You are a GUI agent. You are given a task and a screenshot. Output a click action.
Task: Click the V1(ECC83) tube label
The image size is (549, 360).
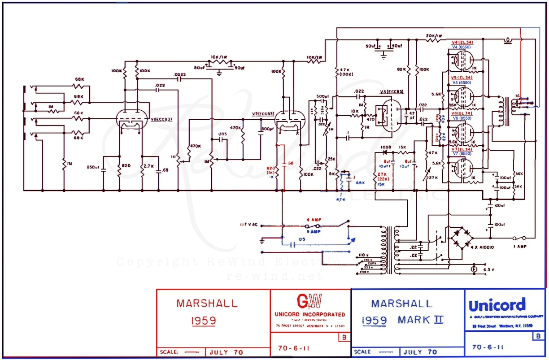[x=161, y=119]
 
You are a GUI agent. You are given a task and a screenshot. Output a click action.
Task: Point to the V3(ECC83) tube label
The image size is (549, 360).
[x=392, y=91]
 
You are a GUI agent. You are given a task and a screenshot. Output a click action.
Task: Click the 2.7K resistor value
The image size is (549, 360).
[x=149, y=165]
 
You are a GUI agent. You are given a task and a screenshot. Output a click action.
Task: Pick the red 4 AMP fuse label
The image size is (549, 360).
[x=314, y=219]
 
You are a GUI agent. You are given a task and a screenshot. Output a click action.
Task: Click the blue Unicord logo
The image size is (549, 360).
[x=497, y=306]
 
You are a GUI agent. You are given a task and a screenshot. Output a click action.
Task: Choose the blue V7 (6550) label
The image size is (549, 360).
[x=462, y=154]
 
